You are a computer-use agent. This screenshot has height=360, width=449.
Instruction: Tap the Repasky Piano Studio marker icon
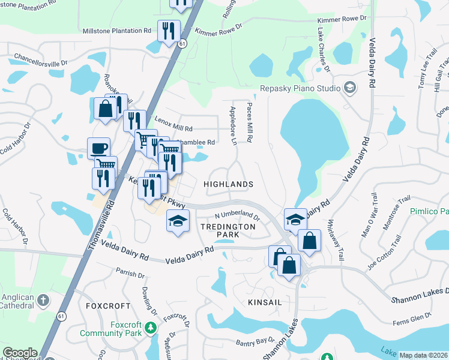point(349,88)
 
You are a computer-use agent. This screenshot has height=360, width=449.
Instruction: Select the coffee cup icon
point(98,148)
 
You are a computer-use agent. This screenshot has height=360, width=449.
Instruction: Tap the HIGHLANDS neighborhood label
point(228,184)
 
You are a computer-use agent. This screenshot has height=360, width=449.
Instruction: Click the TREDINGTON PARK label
point(228,232)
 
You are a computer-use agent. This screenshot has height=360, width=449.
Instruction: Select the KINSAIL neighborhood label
point(265,303)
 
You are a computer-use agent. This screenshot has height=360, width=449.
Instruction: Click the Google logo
point(20,353)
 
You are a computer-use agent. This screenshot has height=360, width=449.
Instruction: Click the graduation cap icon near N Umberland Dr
point(178,221)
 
